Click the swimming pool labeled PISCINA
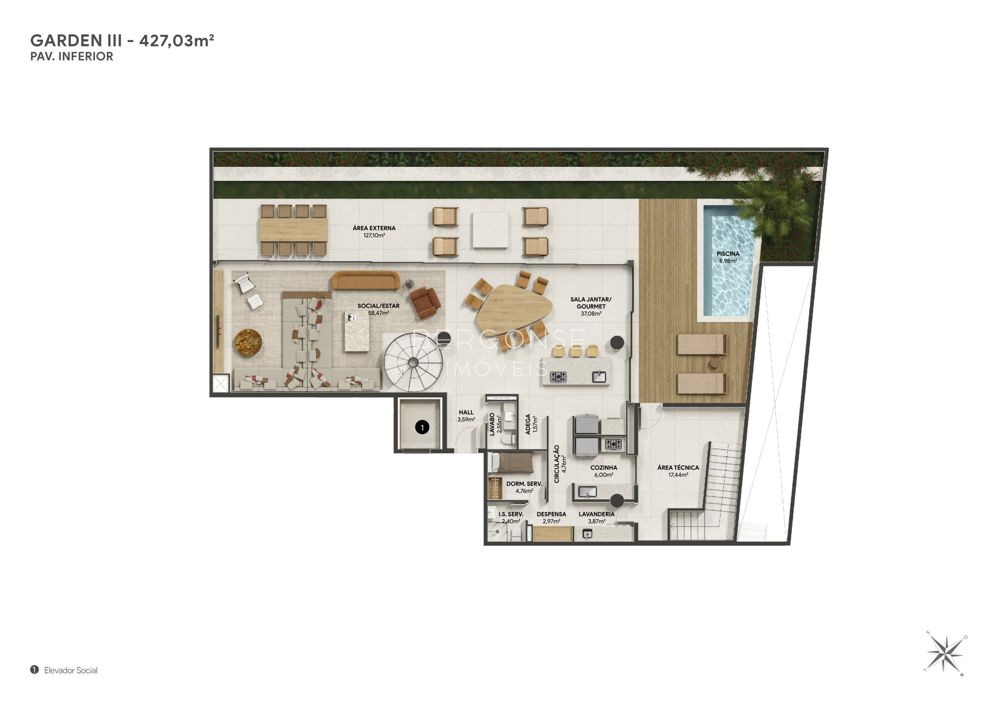click(x=728, y=261)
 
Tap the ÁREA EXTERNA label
click(x=374, y=228)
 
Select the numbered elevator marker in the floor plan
click(x=422, y=427)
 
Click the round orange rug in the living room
click(x=248, y=343)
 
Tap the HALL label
click(x=466, y=412)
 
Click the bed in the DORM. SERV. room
click(x=511, y=462)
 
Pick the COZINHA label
click(x=603, y=468)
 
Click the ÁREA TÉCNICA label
click(x=678, y=468)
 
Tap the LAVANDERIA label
click(x=596, y=514)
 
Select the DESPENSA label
click(x=551, y=514)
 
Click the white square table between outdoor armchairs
click(x=490, y=230)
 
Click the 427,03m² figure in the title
click(x=177, y=41)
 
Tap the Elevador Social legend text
click(x=71, y=671)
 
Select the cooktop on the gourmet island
click(x=558, y=377)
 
